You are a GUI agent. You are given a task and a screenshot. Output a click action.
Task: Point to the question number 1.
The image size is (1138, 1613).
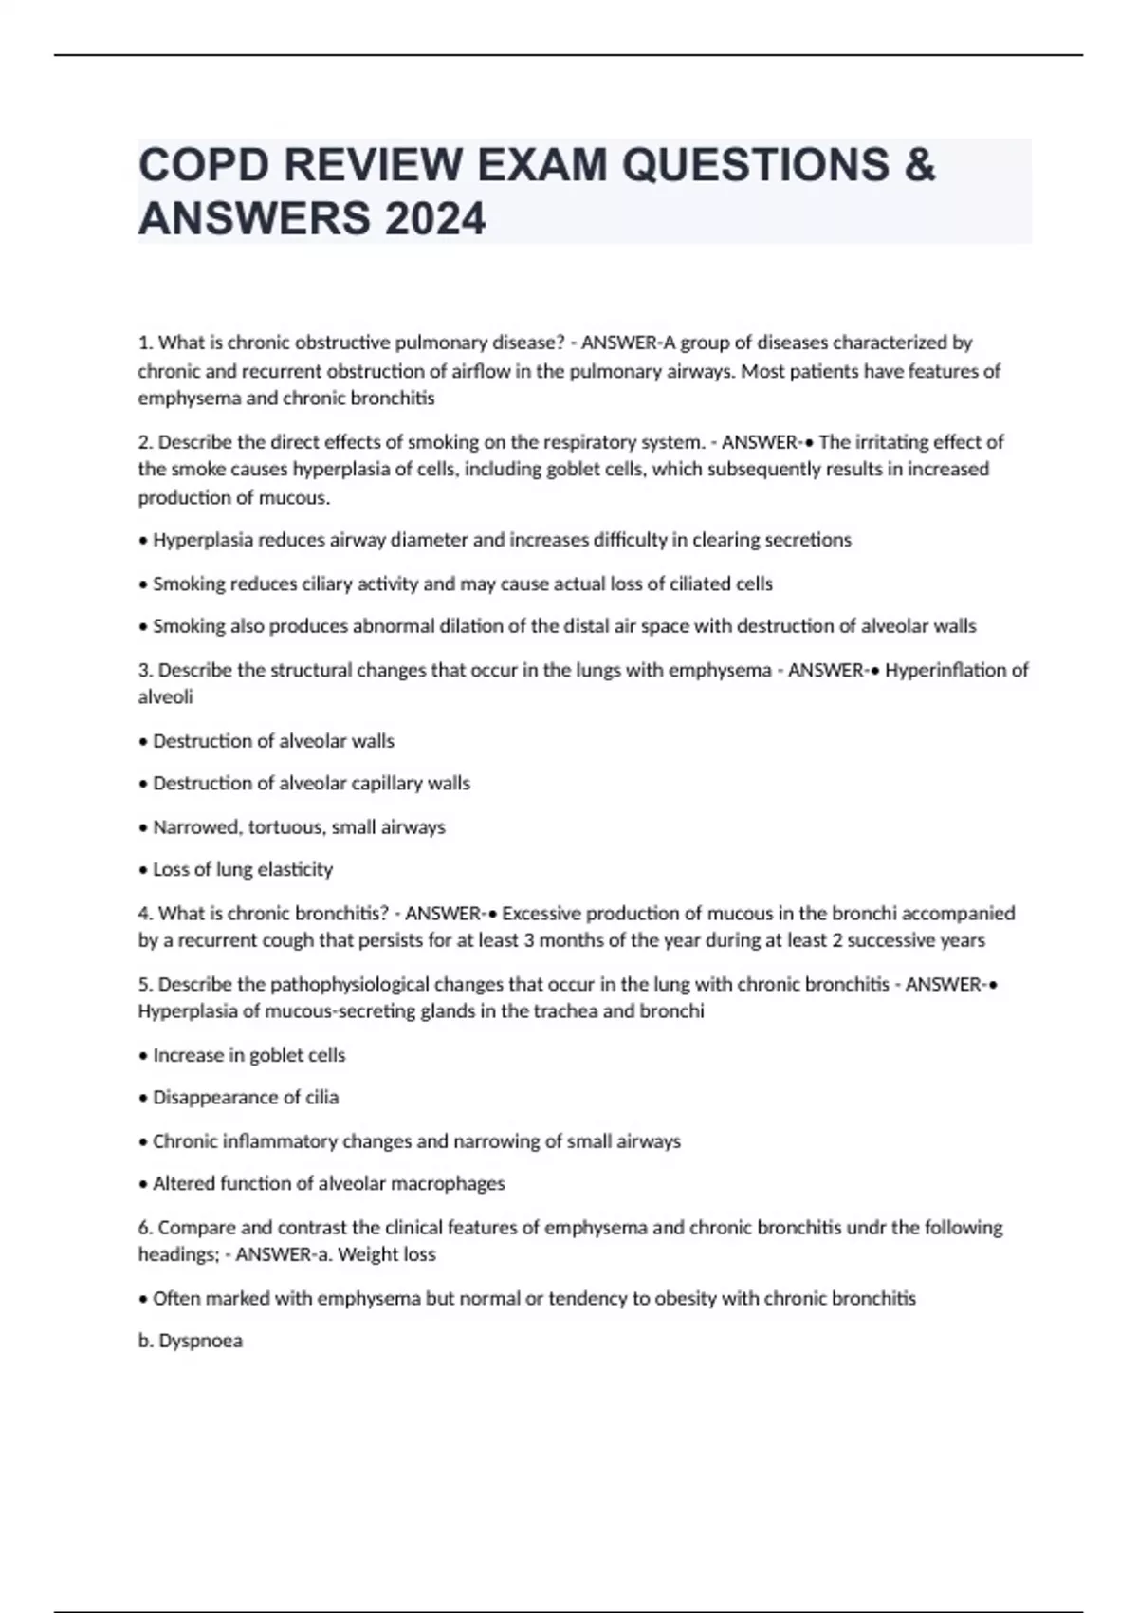[x=144, y=343]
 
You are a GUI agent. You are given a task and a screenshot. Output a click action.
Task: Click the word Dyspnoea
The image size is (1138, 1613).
[x=200, y=1342]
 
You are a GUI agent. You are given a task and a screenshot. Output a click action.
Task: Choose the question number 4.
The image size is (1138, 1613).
[x=144, y=914]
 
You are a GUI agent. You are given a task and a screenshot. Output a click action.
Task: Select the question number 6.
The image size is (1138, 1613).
[x=144, y=1228]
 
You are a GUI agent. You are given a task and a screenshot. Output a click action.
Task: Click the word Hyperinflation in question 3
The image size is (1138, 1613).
[x=945, y=671]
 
